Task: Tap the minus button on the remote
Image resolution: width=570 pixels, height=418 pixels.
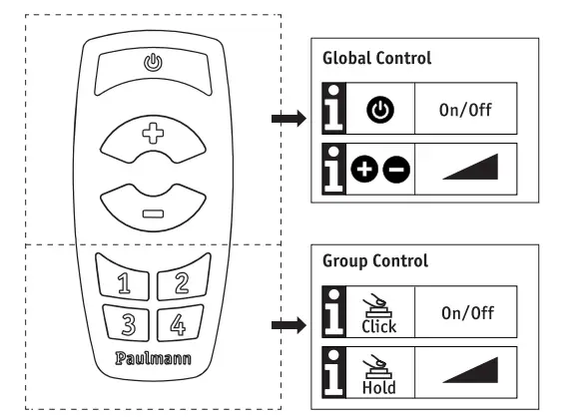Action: (x=152, y=212)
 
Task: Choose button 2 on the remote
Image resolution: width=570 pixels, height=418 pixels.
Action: (x=182, y=281)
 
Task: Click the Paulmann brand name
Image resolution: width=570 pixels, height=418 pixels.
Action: (x=153, y=356)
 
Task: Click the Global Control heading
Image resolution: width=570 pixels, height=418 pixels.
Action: (x=376, y=58)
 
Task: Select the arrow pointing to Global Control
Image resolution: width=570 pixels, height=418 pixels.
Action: (x=286, y=120)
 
